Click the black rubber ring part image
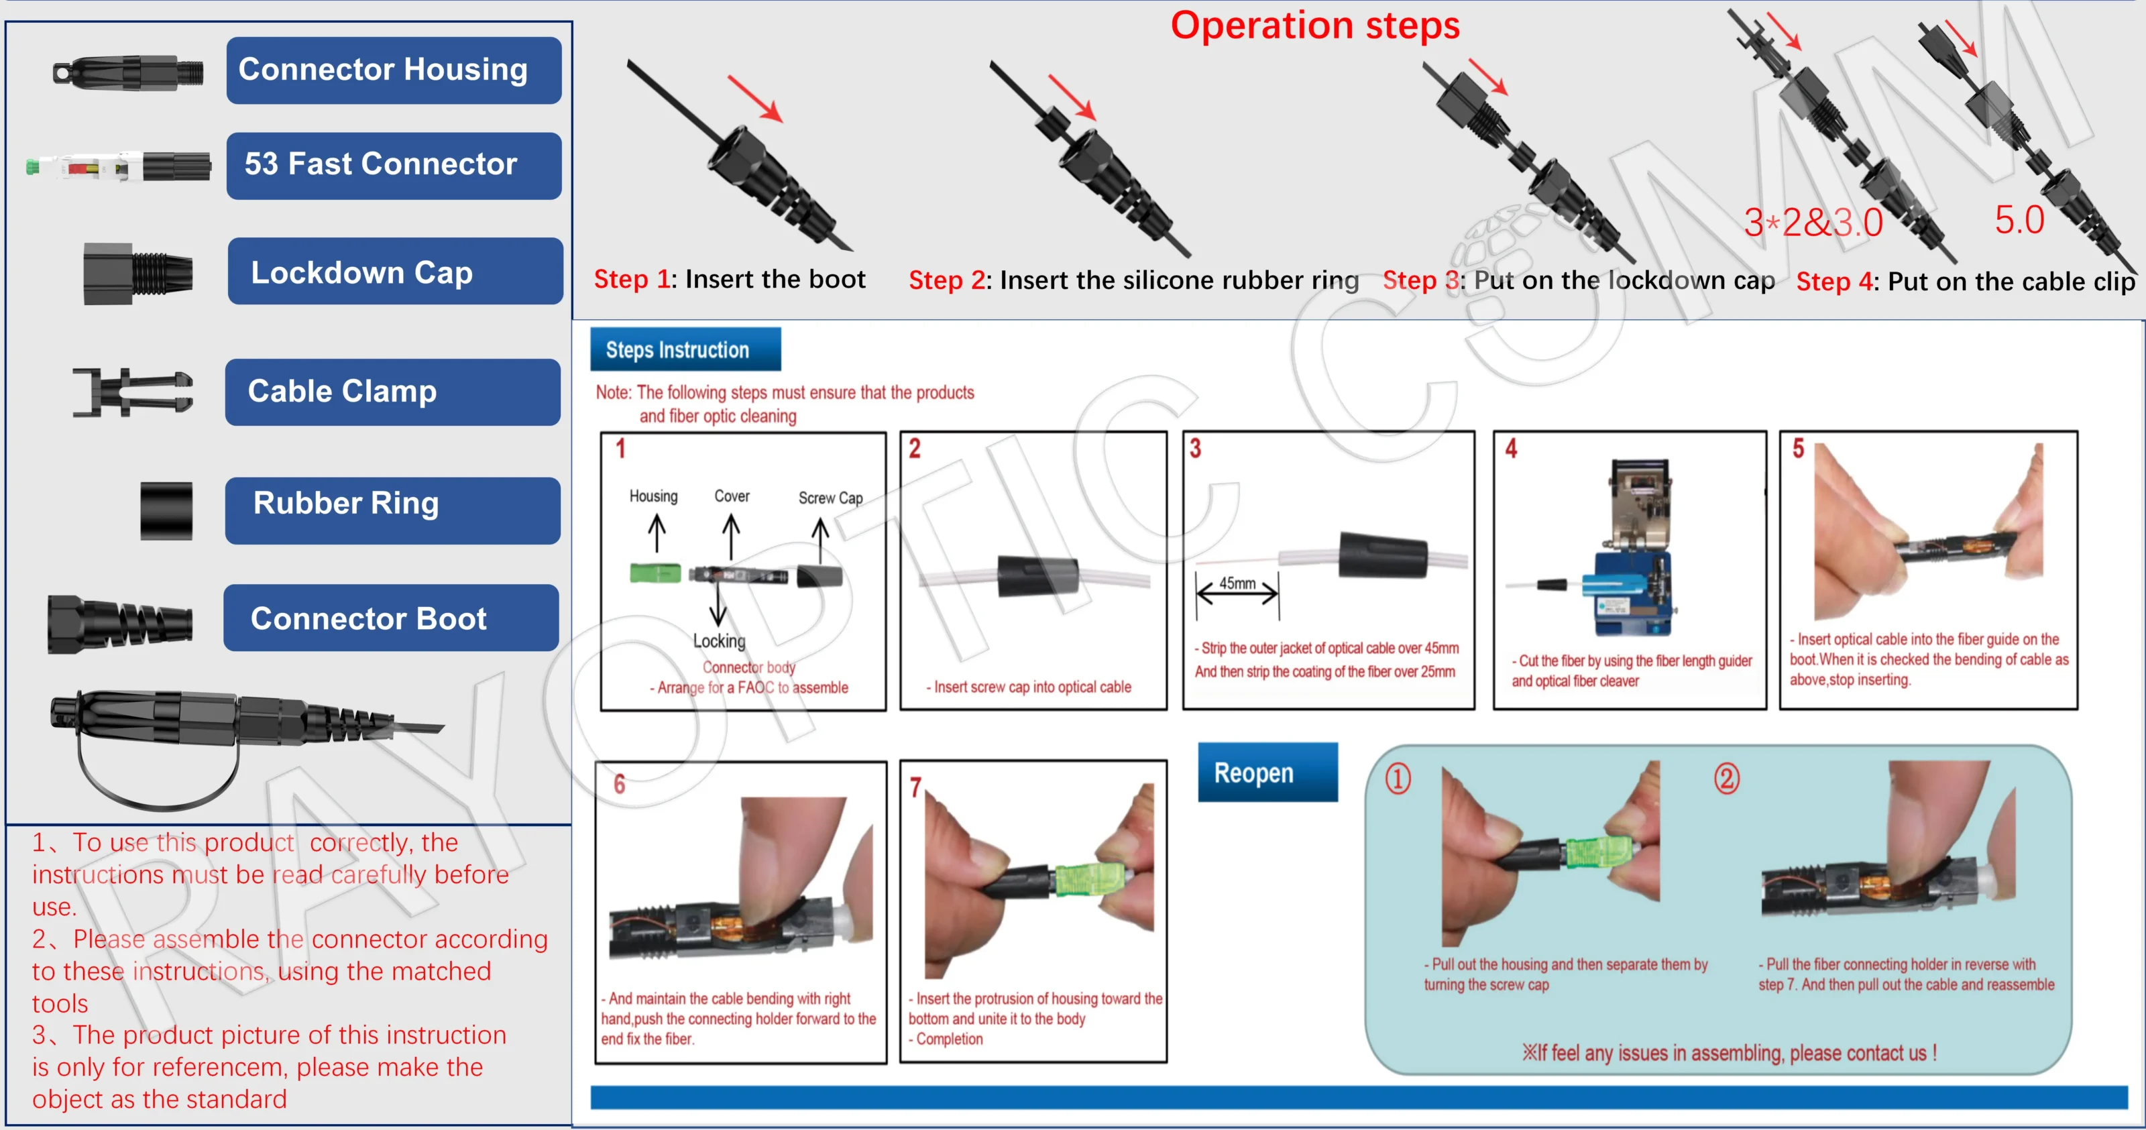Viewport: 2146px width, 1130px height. pyautogui.click(x=166, y=510)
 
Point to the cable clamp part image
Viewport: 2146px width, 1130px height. pyautogui.click(x=133, y=392)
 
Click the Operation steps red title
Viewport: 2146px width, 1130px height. pyautogui.click(x=1314, y=25)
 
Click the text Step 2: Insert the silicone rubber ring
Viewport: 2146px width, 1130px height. pyautogui.click(x=1133, y=280)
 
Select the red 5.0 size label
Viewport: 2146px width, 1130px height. pyautogui.click(x=2019, y=220)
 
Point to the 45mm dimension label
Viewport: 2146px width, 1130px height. pyautogui.click(x=1237, y=583)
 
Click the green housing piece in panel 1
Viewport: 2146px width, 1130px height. pyautogui.click(x=655, y=573)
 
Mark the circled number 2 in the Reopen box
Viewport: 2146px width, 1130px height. pyautogui.click(x=1726, y=779)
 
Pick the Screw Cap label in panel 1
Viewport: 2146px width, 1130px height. pyautogui.click(x=830, y=498)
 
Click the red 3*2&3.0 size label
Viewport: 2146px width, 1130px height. pyautogui.click(x=1813, y=223)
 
